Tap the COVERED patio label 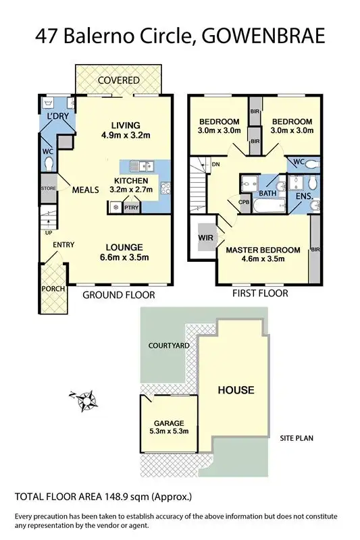point(118,80)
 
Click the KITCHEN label point(131,181)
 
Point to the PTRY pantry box point(130,209)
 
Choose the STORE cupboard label point(47,188)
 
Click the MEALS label point(86,190)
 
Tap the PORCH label point(53,289)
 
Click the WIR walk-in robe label point(205,238)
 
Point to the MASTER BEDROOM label point(263,250)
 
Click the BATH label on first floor point(267,193)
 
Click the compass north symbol point(85,402)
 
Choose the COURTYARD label point(169,345)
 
